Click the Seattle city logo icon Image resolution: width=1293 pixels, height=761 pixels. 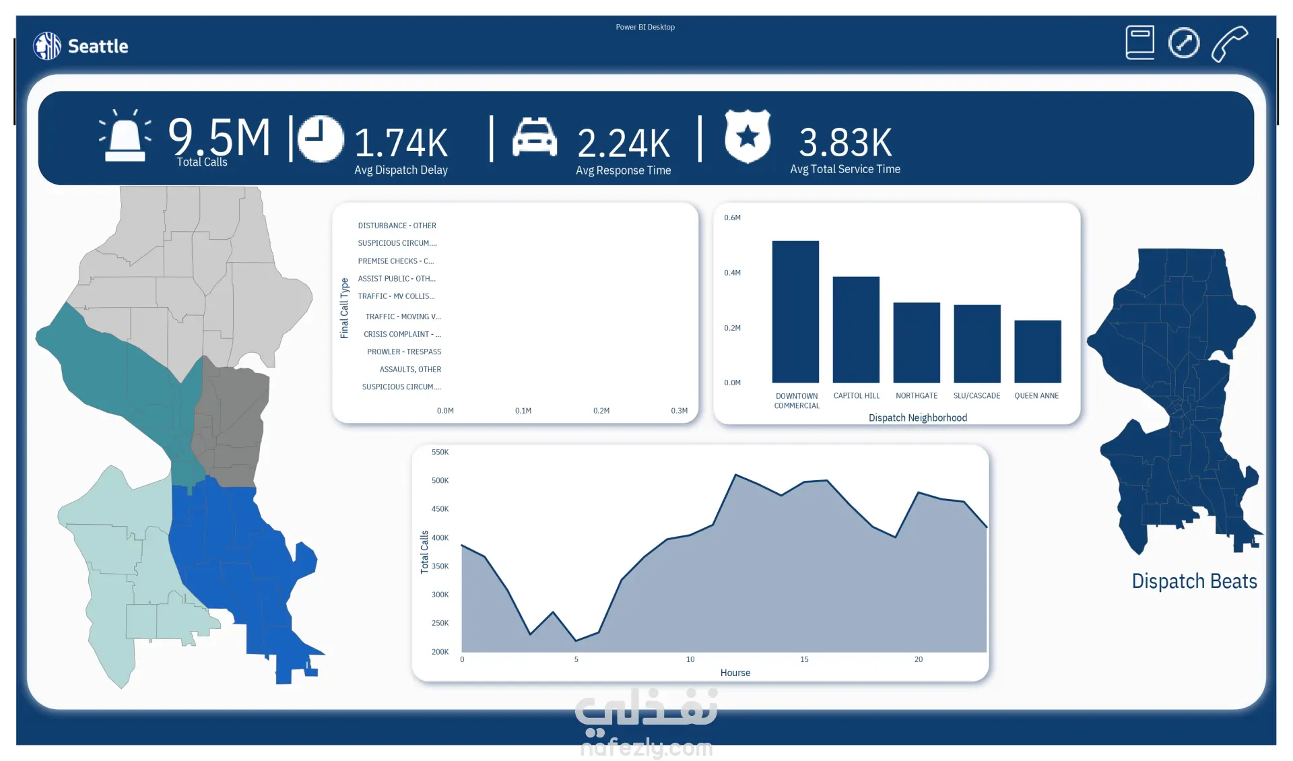[47, 46]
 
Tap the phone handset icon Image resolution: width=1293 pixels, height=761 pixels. [1229, 44]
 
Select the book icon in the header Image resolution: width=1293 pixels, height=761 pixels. [1139, 43]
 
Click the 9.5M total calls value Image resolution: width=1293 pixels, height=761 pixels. [219, 137]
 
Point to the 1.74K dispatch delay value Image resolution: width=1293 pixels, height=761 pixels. [401, 143]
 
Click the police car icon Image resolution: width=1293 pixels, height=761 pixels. [534, 137]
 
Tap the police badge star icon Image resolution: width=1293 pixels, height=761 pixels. [747, 137]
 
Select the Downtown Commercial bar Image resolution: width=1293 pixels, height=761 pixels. [795, 311]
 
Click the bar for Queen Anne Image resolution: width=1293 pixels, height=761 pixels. [1037, 351]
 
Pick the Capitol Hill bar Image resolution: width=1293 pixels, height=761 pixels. [856, 329]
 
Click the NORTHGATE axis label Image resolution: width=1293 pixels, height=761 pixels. [917, 396]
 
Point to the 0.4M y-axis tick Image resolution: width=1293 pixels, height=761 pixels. [732, 273]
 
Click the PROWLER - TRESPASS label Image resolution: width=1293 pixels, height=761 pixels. [404, 352]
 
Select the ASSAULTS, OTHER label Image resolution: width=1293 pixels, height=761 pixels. [410, 369]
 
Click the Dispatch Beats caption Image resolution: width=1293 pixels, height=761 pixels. [1194, 581]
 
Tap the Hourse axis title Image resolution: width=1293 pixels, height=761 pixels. [735, 673]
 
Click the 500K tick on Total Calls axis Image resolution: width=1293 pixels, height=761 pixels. [440, 481]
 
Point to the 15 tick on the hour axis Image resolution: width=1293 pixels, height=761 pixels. [804, 659]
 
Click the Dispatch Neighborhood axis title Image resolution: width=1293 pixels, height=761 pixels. [917, 418]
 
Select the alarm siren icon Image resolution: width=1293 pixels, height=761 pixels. [125, 137]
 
